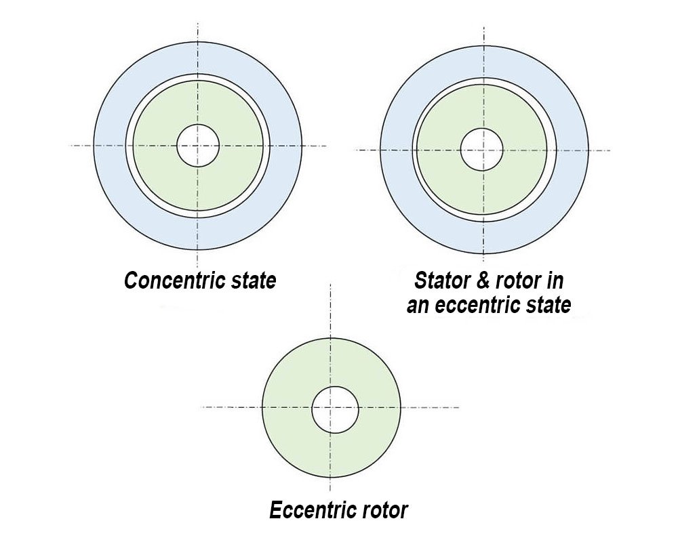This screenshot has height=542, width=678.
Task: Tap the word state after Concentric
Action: pos(252,280)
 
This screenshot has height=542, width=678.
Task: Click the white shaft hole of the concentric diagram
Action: pos(198,145)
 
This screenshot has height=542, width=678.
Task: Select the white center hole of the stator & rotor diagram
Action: pos(481,150)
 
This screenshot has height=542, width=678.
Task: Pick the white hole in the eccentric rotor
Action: pos(335,410)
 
